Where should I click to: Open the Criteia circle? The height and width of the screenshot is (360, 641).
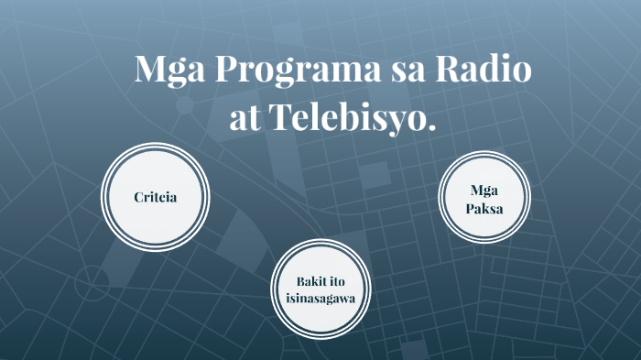(155, 197)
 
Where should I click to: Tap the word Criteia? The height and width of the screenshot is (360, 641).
(155, 197)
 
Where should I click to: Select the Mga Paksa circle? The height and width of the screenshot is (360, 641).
(483, 199)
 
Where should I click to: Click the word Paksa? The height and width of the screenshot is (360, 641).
(483, 209)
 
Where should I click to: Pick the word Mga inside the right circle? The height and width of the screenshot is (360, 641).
(483, 191)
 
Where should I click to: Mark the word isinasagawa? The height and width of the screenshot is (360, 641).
(320, 298)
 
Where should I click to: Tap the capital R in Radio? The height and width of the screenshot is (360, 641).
(457, 70)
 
